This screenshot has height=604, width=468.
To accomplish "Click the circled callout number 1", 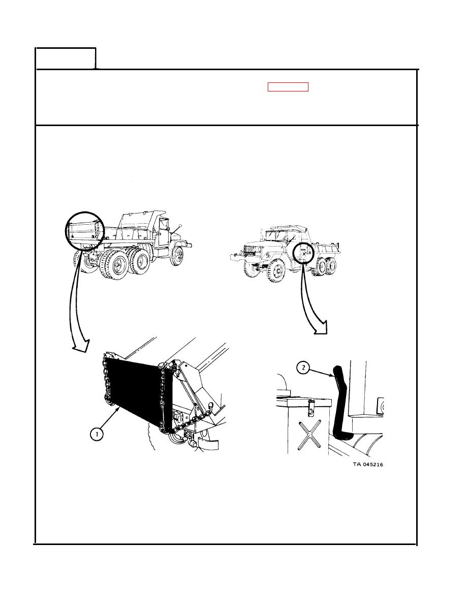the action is (x=97, y=435).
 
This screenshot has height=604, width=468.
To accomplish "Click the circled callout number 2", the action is (x=303, y=368).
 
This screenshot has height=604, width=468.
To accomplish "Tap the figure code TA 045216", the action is (x=368, y=464).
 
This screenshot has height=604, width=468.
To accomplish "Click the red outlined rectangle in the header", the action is (x=288, y=87).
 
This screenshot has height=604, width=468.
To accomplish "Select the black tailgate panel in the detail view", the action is (x=135, y=389).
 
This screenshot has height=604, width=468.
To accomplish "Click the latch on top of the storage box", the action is (x=311, y=407).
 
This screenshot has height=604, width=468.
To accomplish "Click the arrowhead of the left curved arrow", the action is (x=82, y=346).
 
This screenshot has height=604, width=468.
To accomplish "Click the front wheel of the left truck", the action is (x=177, y=256).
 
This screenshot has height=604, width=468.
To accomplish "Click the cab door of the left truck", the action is (x=163, y=232).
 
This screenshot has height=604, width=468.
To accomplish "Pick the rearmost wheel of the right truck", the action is (x=331, y=266).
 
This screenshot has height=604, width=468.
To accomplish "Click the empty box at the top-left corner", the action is (x=66, y=58).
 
